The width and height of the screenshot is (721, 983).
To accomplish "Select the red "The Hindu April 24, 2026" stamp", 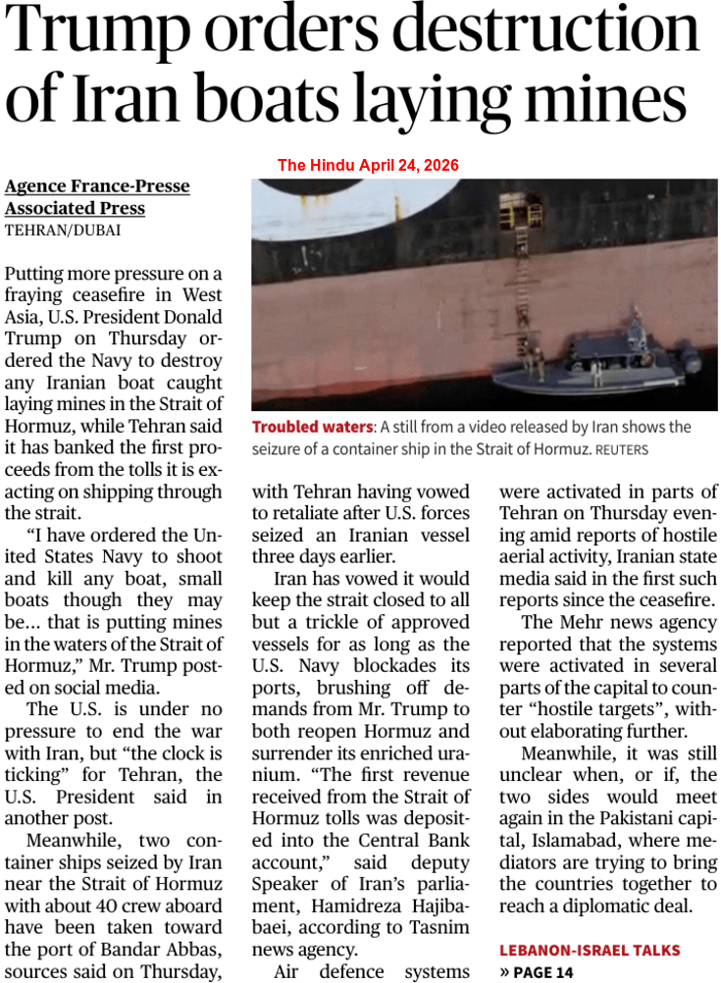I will [368, 165].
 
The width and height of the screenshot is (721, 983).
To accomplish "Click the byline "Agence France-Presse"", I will [97, 186].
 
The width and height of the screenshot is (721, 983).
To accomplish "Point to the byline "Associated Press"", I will [75, 208].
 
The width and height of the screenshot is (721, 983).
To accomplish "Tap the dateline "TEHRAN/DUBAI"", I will [63, 231].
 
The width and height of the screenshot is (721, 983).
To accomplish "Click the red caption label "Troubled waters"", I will [312, 427].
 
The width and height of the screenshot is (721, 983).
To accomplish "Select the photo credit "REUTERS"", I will [621, 449].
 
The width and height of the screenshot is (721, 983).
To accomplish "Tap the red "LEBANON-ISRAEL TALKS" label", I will [590, 950].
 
